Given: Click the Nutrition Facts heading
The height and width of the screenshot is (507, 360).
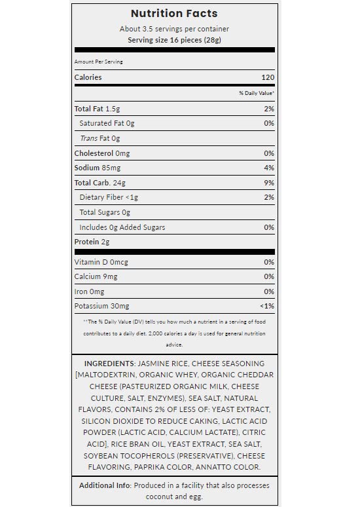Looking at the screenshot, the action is [x=174, y=14].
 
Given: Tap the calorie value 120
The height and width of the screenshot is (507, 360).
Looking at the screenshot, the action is [x=268, y=77].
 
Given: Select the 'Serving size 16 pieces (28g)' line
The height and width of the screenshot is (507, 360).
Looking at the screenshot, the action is [x=174, y=40].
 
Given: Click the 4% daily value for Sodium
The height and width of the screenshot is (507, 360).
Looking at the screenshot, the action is [x=268, y=168].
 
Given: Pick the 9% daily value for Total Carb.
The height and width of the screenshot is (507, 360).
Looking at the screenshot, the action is [x=268, y=183].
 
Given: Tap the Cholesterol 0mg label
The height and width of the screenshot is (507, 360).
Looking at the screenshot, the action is [x=102, y=153].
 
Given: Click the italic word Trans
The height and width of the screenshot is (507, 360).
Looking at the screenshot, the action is [x=88, y=138].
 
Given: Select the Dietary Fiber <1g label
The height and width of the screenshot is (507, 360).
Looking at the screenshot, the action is [x=109, y=197].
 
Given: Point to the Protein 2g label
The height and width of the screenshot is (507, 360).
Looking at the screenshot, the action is [x=92, y=242].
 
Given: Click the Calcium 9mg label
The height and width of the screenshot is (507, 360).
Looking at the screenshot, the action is [x=98, y=276].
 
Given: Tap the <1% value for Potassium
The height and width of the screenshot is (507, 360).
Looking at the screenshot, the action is [x=266, y=306].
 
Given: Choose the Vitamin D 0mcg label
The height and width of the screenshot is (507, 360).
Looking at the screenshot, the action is [x=101, y=262].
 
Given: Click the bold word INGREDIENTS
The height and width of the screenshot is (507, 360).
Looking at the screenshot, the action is [x=109, y=363].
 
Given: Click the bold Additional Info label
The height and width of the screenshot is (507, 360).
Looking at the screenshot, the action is [x=104, y=485].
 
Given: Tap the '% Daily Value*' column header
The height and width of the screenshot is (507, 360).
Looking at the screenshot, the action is [x=257, y=94].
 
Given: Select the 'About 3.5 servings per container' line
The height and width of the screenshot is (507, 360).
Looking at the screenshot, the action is [x=174, y=29].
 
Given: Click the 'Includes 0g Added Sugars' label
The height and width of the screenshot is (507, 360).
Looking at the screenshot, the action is [x=122, y=227].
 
